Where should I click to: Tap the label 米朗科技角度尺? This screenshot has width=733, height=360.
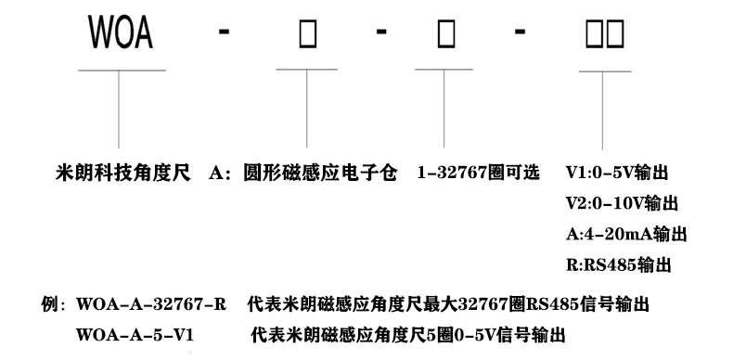tap(123, 174)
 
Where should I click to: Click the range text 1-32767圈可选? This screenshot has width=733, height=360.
tap(477, 174)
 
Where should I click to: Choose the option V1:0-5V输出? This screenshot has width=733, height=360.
tap(618, 174)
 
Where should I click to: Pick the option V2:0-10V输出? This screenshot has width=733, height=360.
tap(622, 203)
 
